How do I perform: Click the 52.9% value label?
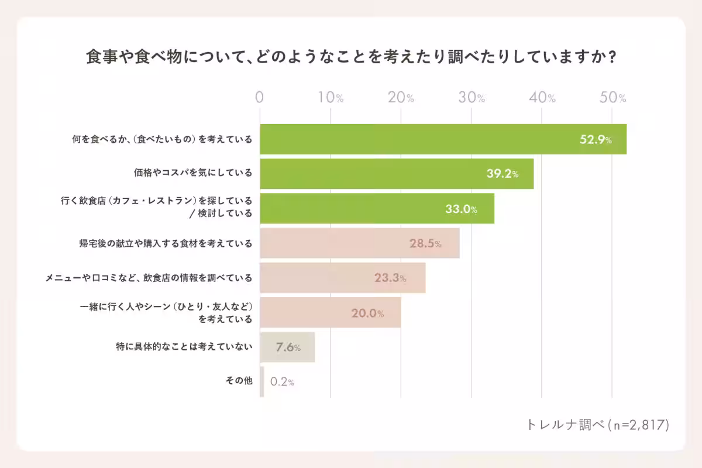click(x=596, y=140)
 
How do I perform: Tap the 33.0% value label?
click(x=461, y=209)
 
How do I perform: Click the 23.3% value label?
click(x=390, y=278)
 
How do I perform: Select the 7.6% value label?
click(x=287, y=347)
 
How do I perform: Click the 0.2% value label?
click(x=282, y=382)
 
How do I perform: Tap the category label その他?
click(x=239, y=381)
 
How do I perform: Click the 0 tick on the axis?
click(x=260, y=98)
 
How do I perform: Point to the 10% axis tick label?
click(x=331, y=98)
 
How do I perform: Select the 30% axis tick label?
click(x=472, y=98)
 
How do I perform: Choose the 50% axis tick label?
click(x=613, y=98)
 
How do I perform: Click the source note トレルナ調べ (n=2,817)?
click(x=597, y=425)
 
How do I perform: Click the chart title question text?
click(x=351, y=57)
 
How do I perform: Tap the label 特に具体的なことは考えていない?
click(x=184, y=347)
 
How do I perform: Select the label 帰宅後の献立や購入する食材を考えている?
click(x=166, y=243)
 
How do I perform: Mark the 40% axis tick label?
click(x=542, y=98)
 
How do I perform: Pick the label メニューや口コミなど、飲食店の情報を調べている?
click(x=149, y=278)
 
